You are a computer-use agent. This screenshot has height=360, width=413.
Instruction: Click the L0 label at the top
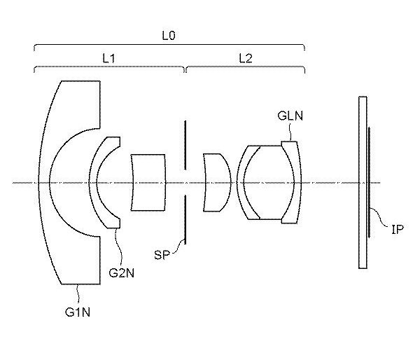coord(168,35)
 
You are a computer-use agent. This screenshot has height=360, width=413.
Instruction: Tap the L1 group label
coord(109,58)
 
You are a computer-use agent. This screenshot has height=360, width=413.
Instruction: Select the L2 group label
coord(246,58)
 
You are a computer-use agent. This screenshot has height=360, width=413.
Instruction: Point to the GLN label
coord(290,116)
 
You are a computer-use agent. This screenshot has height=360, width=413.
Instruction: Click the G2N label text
coord(121,272)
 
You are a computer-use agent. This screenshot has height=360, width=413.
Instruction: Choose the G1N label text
coord(78,312)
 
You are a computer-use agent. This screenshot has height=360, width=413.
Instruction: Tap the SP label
coord(162,255)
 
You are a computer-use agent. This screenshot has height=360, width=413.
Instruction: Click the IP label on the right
coord(398,230)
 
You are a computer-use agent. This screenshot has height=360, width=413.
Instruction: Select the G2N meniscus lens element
coord(93,182)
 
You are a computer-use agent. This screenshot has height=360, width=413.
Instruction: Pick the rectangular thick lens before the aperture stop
coord(148,182)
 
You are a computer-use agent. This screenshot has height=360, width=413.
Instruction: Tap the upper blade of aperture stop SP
coord(185,145)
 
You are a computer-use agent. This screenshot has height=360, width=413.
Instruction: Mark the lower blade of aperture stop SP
coord(185,219)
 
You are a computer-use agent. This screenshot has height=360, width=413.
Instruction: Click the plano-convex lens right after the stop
coord(217,182)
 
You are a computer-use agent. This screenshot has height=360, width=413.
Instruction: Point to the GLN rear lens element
coord(297,182)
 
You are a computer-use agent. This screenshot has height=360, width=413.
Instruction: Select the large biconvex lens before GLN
coord(269,182)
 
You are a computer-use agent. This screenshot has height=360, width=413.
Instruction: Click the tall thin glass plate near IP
coord(363,182)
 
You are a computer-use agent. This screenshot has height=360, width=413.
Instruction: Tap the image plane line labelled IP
coord(370,182)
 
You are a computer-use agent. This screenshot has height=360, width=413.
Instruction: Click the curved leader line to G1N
coord(78,295)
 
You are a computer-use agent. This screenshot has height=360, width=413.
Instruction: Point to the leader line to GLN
coord(290,132)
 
